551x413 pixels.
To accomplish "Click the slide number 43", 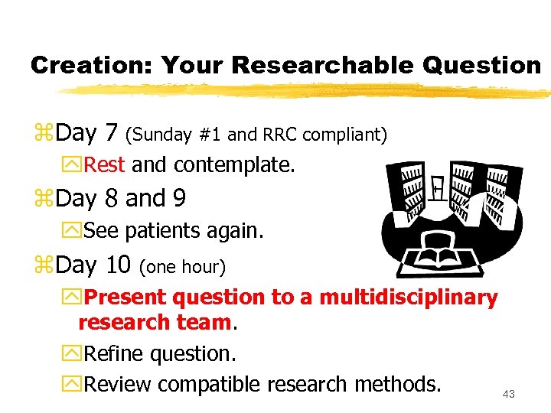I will click(x=509, y=394).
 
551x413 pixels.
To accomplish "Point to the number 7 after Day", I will click(x=111, y=134).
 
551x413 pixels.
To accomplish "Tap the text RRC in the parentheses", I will click(x=281, y=135).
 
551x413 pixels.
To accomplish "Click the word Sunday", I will click(x=160, y=135).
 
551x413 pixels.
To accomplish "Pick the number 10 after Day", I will click(x=118, y=265).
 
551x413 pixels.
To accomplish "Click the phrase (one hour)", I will click(x=182, y=267).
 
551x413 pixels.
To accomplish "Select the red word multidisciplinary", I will click(x=409, y=297).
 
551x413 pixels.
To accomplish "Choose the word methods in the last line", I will click(x=402, y=383).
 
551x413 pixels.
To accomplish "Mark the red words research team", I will click(x=155, y=323).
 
